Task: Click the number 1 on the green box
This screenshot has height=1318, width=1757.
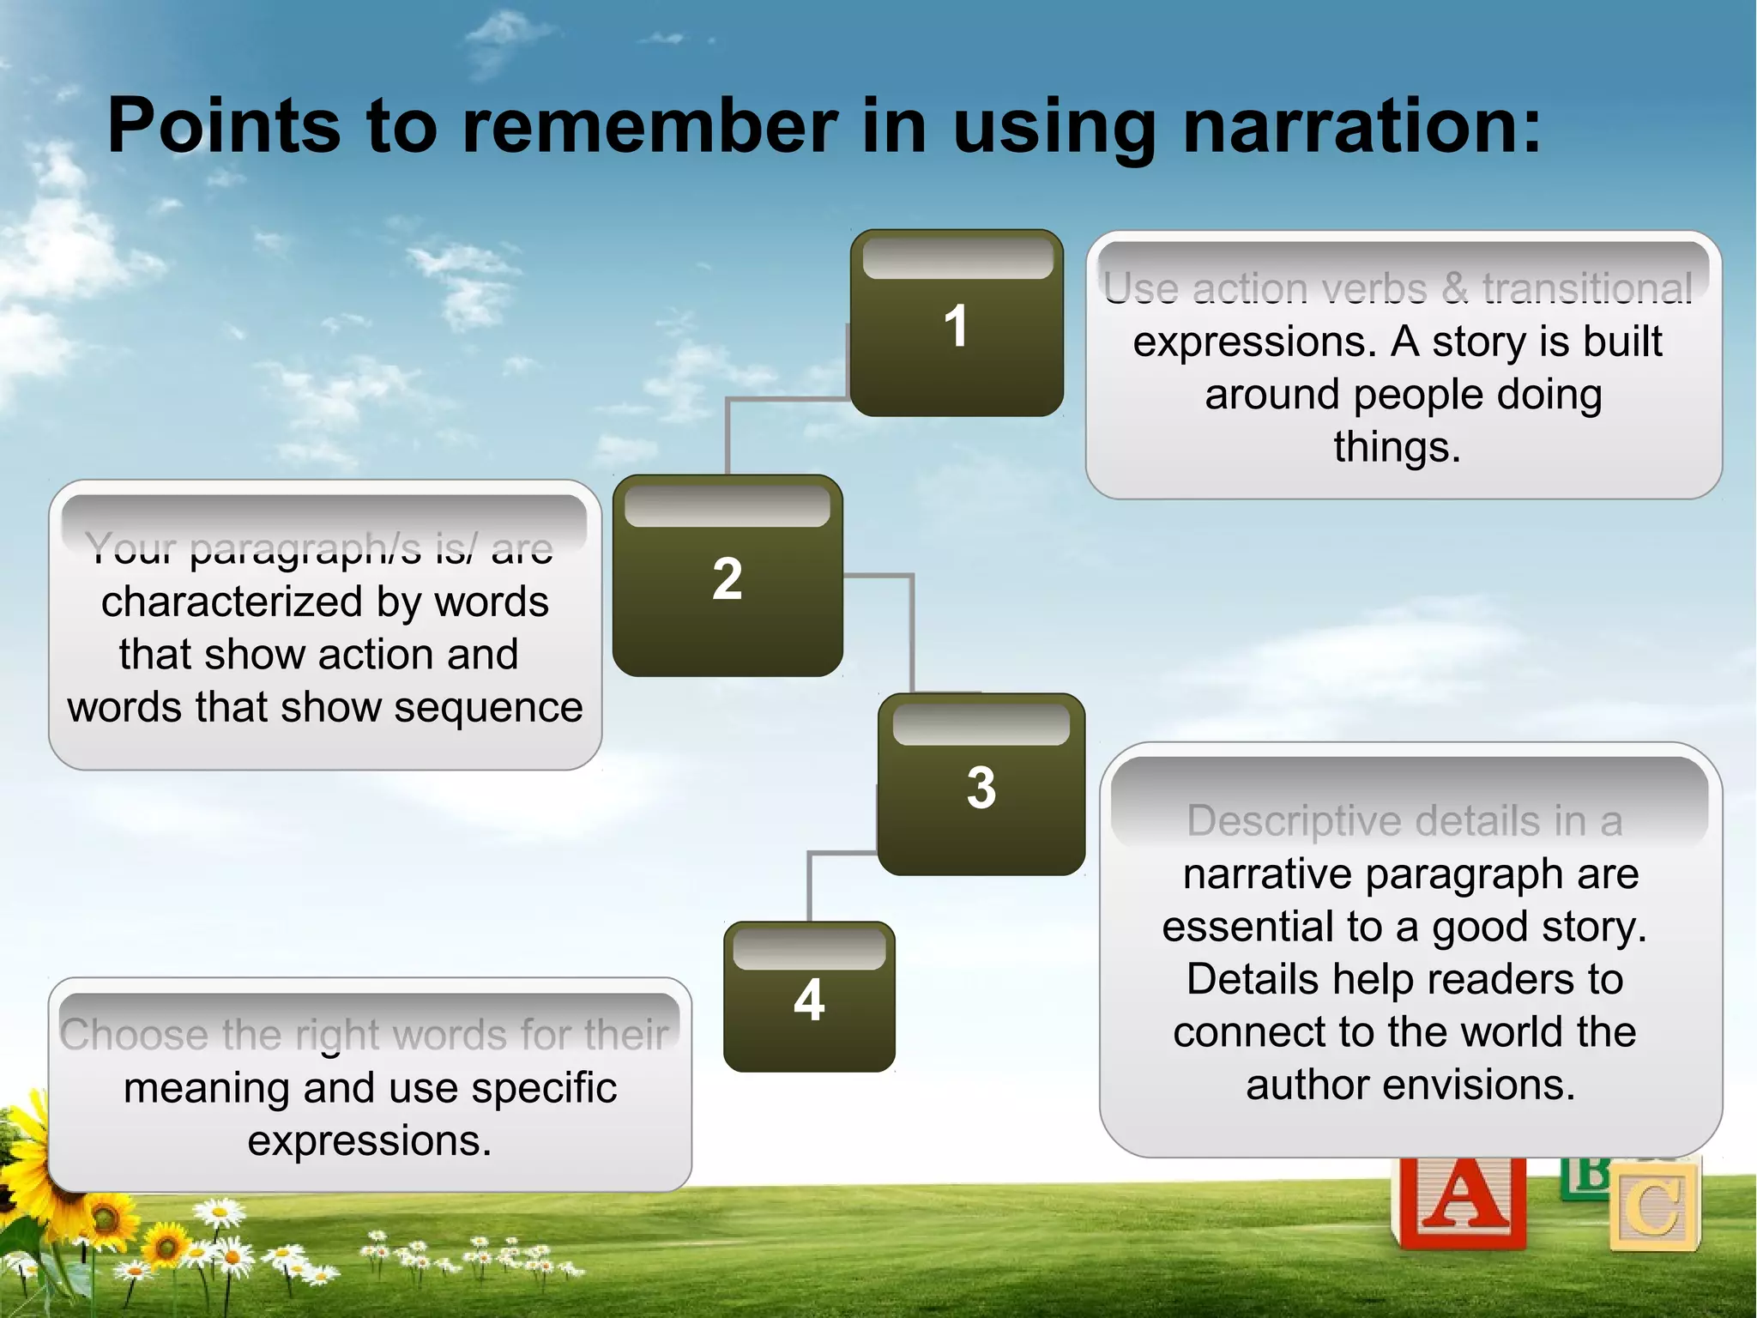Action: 956,326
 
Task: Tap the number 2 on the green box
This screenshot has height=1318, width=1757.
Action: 727,578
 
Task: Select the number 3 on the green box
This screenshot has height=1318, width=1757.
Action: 981,787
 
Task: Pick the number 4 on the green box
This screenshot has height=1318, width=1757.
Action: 809,1000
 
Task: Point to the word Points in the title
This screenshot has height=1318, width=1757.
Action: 224,126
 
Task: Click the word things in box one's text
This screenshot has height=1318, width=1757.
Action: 1396,447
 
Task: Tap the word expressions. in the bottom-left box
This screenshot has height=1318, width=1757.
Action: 370,1141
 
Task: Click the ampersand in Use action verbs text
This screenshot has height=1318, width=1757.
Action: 1454,289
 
